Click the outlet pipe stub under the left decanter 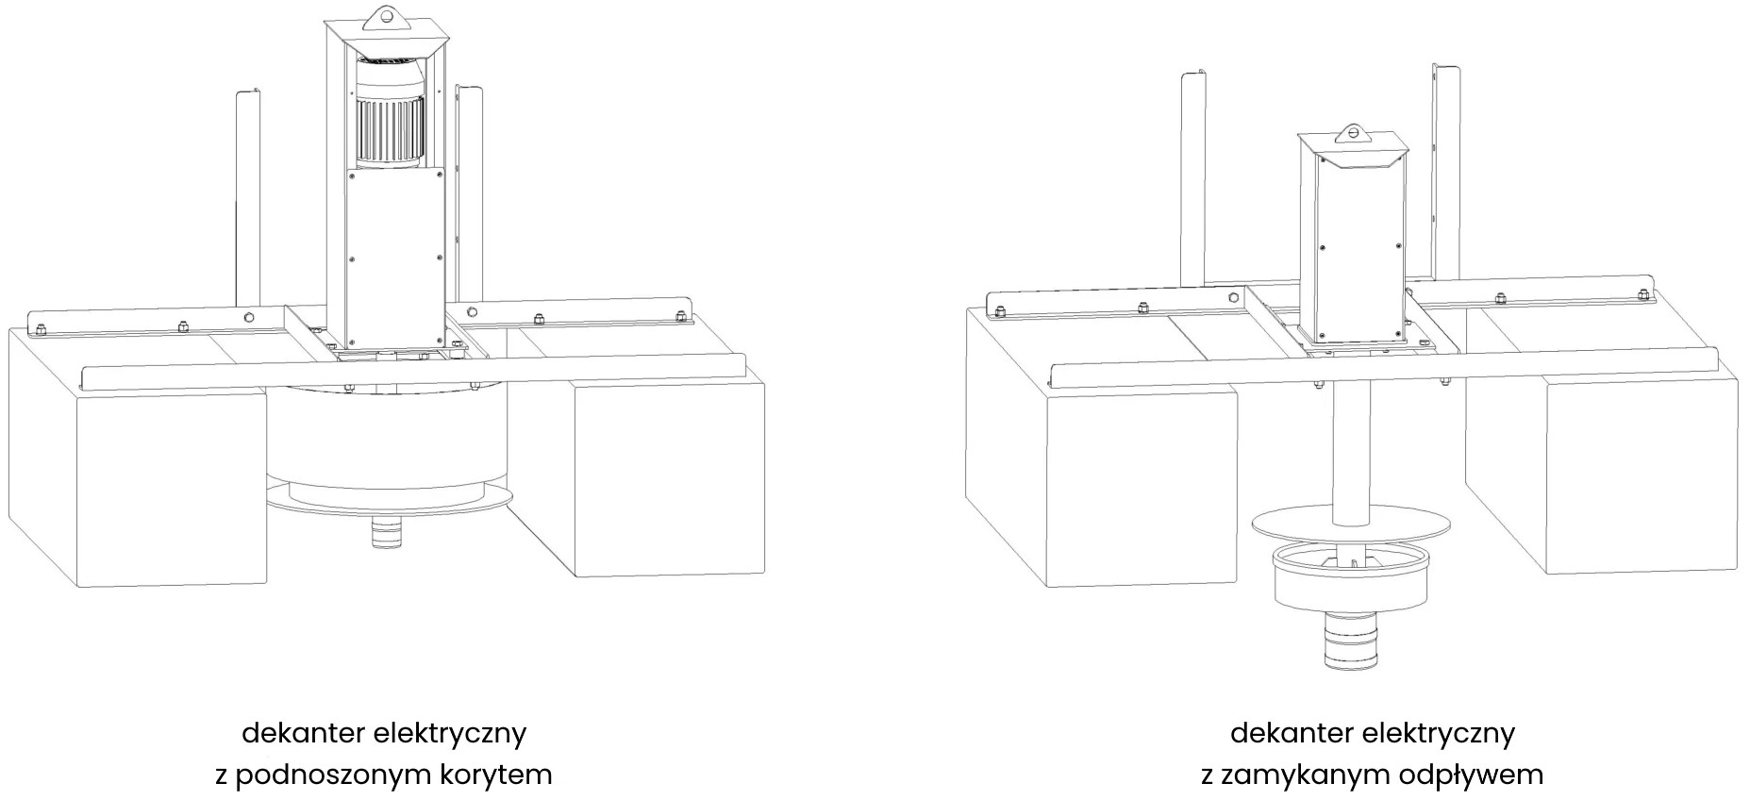[x=385, y=534]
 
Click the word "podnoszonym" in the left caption [x=334, y=775]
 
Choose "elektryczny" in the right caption [x=1438, y=733]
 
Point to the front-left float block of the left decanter [x=170, y=487]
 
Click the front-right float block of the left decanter [x=667, y=477]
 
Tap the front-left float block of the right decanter [x=1142, y=487]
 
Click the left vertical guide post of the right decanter [x=1193, y=179]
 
